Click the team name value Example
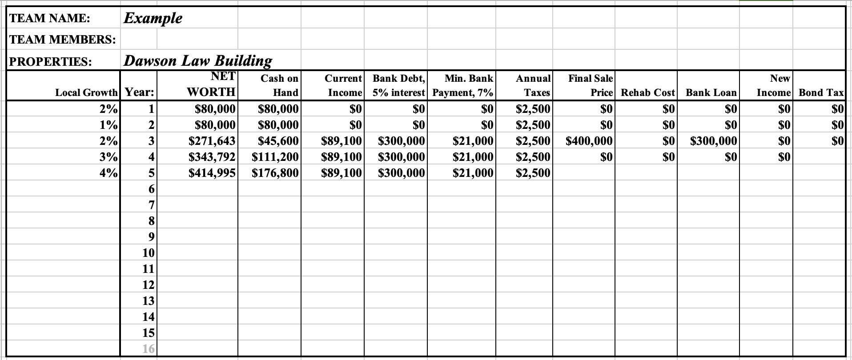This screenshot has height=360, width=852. point(153,18)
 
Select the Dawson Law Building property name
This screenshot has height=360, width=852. point(197,60)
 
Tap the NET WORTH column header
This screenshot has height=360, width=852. point(212,84)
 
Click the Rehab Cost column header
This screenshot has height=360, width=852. point(647,92)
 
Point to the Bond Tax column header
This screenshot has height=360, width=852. point(821,92)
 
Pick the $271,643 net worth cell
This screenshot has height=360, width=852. point(212,141)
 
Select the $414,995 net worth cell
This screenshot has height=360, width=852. point(212,173)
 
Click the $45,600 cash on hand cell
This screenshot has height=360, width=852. point(278,141)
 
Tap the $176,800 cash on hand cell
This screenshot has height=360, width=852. point(275,173)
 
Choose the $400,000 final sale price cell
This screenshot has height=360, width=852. point(589,141)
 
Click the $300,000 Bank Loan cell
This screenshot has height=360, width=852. point(713,141)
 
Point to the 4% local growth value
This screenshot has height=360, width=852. point(109,173)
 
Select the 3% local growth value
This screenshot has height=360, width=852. point(109,157)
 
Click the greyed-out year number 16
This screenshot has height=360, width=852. point(149,349)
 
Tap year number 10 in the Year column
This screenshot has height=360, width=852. point(149,253)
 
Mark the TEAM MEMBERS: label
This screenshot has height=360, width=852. point(63,40)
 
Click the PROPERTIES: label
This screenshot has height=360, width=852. point(51,61)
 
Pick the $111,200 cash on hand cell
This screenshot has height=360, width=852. point(275,157)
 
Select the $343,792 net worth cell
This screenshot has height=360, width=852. point(212,157)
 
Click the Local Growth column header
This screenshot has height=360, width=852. point(86,92)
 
